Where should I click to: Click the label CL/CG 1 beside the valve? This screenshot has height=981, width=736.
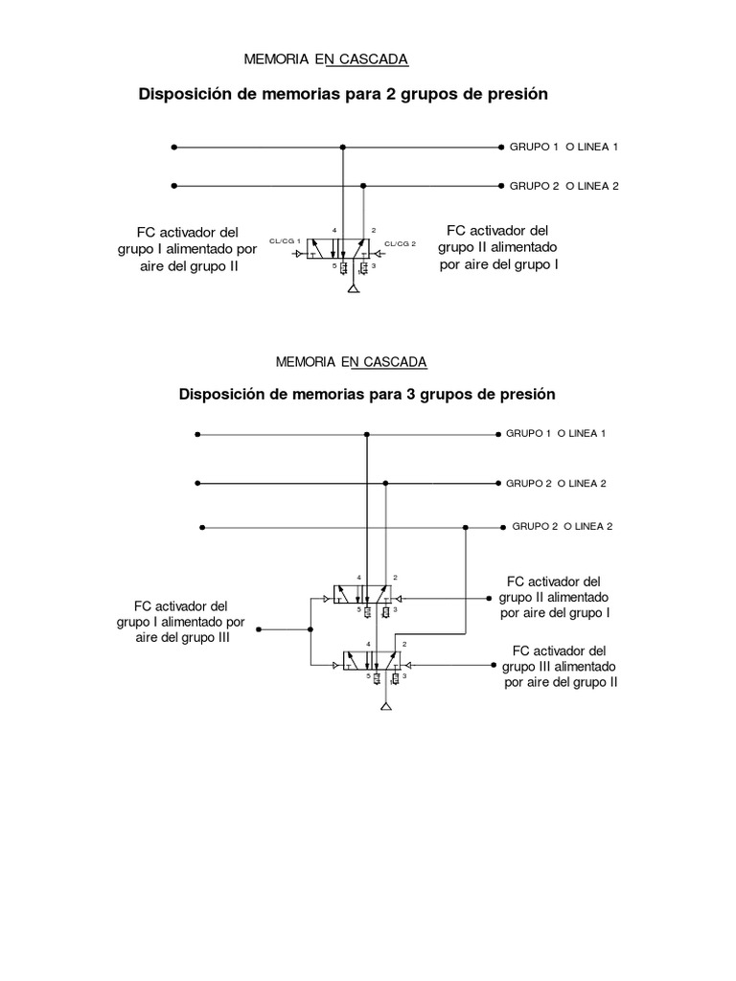285,240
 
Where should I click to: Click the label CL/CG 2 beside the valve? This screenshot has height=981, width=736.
400,243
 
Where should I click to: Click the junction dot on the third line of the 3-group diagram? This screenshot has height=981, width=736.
465,527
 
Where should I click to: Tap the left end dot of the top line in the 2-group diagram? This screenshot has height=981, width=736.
173,148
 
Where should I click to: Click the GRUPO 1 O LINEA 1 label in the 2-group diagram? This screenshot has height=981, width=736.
563,147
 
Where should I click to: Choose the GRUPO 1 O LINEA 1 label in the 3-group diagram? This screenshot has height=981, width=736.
556,433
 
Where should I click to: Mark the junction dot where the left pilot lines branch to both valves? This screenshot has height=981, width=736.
310,629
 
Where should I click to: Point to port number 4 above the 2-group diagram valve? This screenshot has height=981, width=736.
333,231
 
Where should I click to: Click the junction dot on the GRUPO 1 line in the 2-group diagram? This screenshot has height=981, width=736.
343,148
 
